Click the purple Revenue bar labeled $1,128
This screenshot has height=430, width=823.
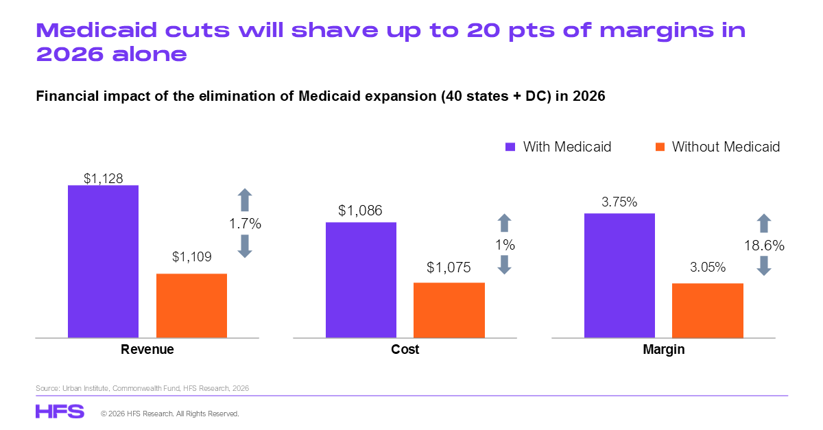[x=104, y=261]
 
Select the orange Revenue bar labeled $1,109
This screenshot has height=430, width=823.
[x=192, y=305]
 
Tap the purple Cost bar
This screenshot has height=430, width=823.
[x=361, y=280]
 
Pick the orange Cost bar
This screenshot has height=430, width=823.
[x=449, y=310]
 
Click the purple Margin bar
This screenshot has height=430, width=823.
[x=620, y=275]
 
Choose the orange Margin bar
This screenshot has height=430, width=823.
[x=708, y=310]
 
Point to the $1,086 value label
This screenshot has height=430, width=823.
[x=360, y=211]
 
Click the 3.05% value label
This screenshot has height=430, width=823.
[x=708, y=267]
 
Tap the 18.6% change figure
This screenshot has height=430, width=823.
[x=764, y=246]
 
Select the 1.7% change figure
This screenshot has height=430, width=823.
[x=245, y=224]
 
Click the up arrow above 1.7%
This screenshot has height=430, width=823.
[x=245, y=200]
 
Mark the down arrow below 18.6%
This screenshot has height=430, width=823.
[x=764, y=265]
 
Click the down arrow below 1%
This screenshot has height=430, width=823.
[x=505, y=265]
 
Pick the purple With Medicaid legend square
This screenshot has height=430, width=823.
[x=510, y=147]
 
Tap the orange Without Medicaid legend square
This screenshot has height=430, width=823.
[x=660, y=147]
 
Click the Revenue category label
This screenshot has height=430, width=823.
[x=147, y=349]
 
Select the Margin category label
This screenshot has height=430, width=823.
[x=664, y=349]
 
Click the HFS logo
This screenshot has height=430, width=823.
[x=60, y=411]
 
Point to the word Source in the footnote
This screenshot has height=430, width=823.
[x=47, y=388]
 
